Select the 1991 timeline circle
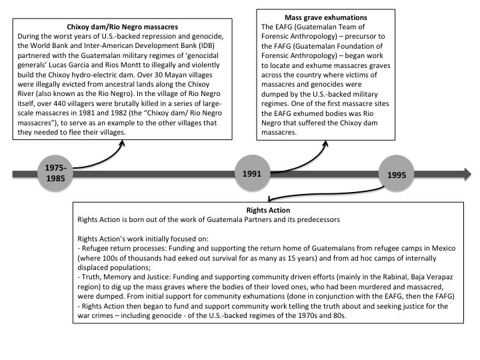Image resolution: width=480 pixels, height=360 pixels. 252,173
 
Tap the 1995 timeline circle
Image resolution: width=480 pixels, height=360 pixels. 396,174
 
